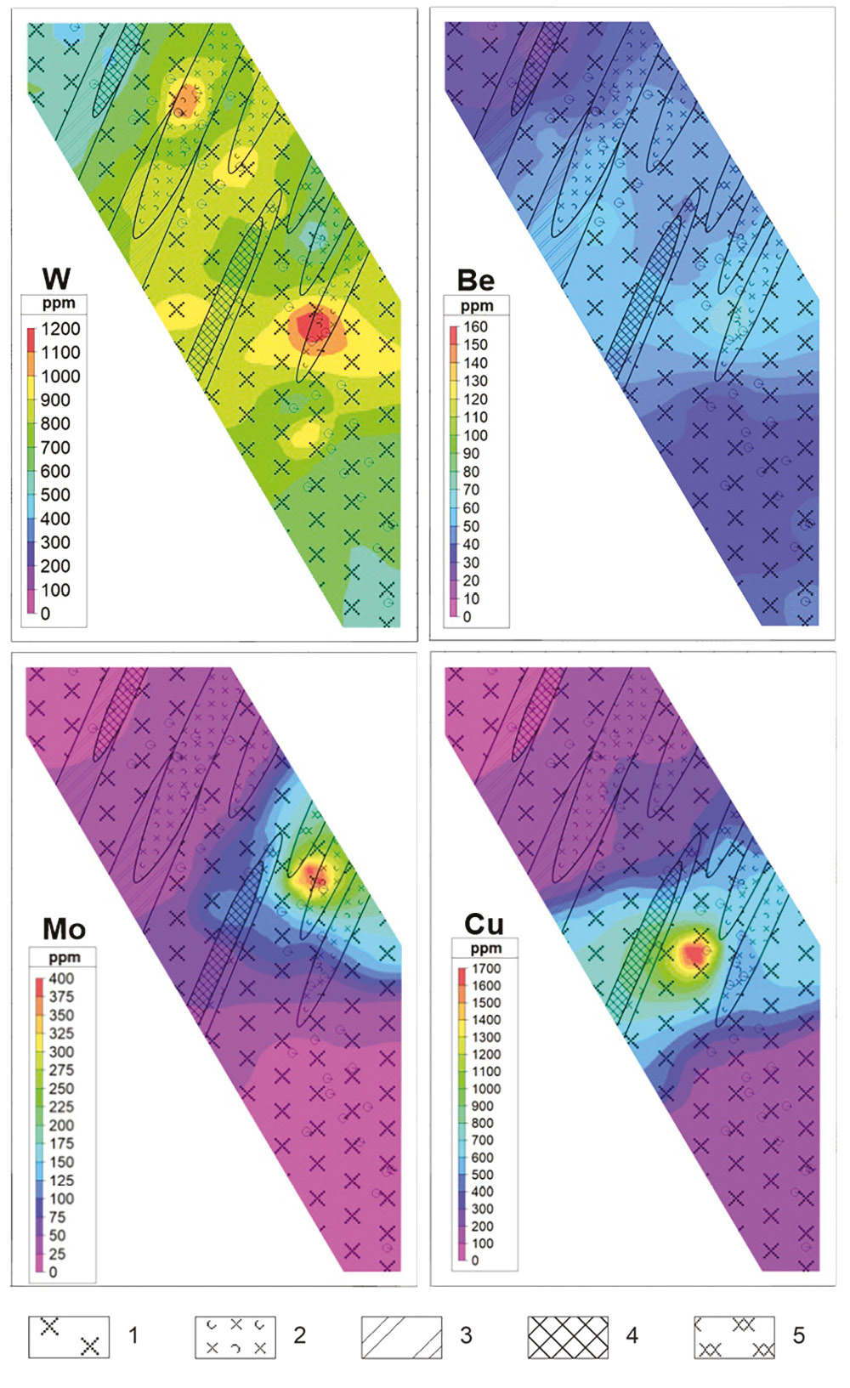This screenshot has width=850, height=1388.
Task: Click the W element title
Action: pyautogui.click(x=56, y=278)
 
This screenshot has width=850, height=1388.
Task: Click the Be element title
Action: pyautogui.click(x=475, y=280)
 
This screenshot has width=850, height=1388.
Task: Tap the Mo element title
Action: pyautogui.click(x=64, y=928)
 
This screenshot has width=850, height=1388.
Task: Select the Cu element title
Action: pyautogui.click(x=484, y=924)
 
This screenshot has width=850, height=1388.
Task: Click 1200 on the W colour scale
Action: pyautogui.click(x=60, y=329)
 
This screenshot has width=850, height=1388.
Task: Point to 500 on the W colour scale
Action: pyautogui.click(x=55, y=495)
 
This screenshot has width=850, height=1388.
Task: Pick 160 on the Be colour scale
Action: pyautogui.click(x=475, y=326)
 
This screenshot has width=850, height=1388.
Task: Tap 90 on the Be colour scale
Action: pyautogui.click(x=471, y=454)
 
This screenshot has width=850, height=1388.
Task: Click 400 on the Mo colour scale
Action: pyautogui.click(x=61, y=978)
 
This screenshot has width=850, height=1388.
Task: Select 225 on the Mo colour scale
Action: pyautogui.click(x=61, y=1107)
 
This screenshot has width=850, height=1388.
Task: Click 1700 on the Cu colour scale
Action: pyautogui.click(x=486, y=968)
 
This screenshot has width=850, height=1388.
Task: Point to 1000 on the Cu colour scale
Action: pyautogui.click(x=486, y=1089)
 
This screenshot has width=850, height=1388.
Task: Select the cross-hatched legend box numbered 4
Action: pyautogui.click(x=568, y=1337)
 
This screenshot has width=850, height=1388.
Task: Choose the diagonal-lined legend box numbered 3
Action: pyautogui.click(x=401, y=1337)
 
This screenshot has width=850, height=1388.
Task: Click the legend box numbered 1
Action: pyautogui.click(x=68, y=1337)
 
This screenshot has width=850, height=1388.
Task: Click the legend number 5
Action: pyautogui.click(x=798, y=1335)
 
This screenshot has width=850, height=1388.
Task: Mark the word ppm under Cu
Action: pyautogui.click(x=485, y=948)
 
